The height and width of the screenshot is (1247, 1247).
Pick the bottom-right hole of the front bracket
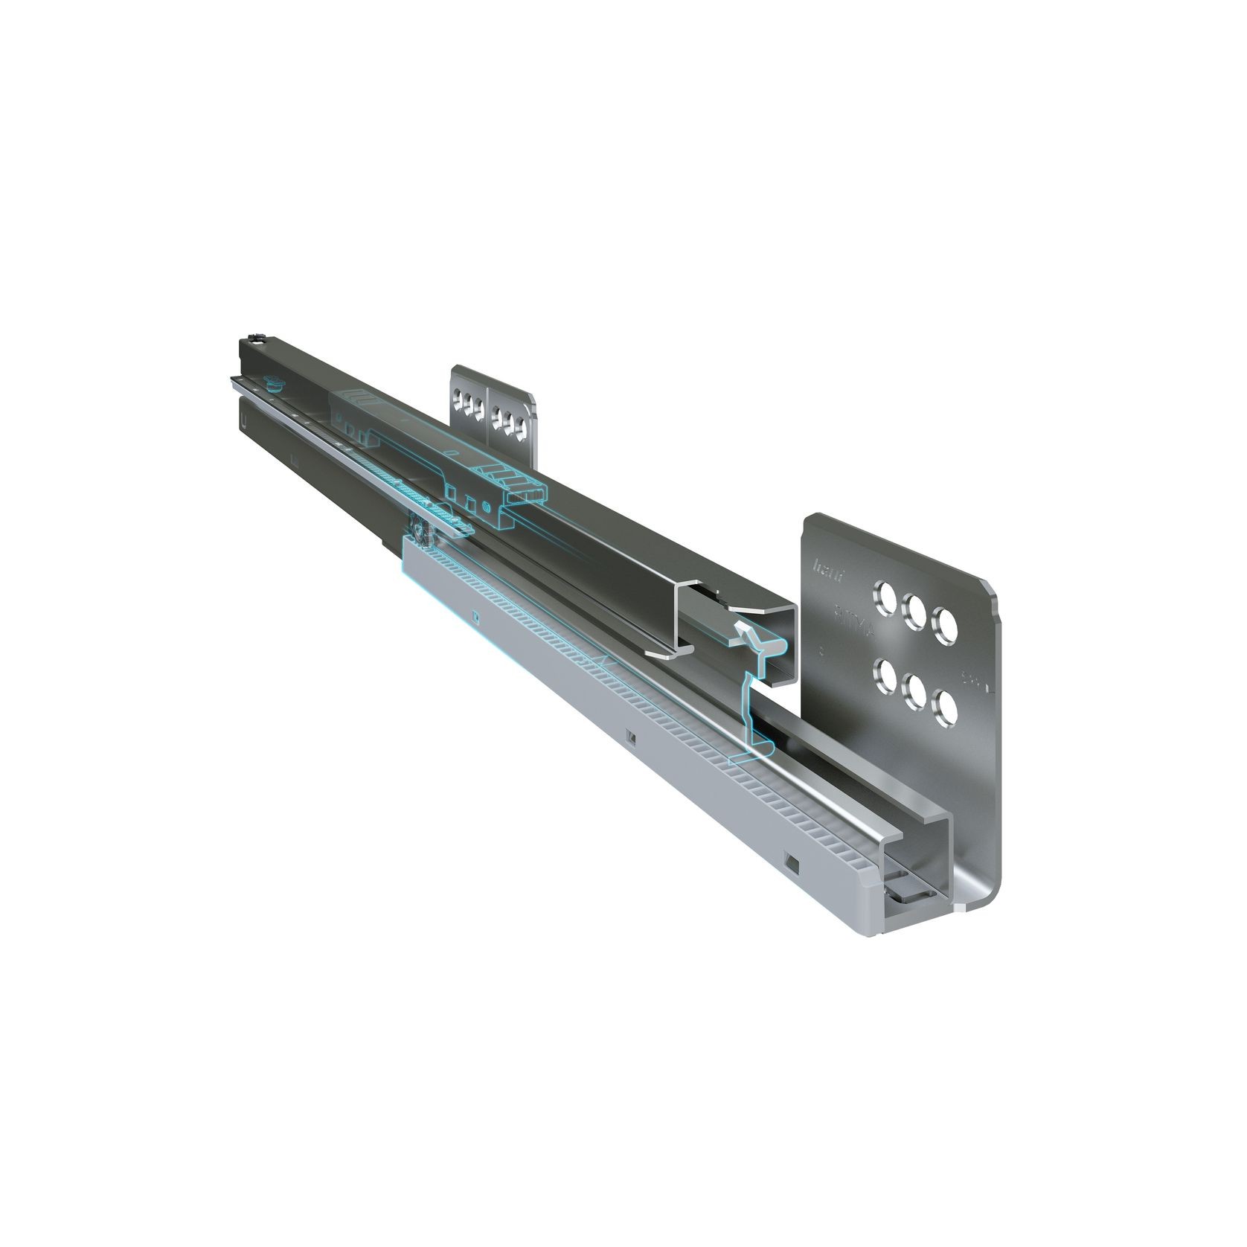[945, 708]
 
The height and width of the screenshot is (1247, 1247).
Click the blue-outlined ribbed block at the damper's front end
[524, 490]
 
